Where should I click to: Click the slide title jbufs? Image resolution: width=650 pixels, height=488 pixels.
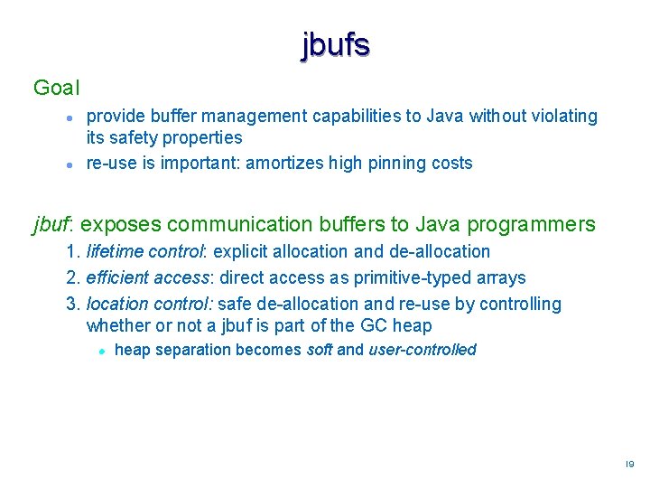click(335, 44)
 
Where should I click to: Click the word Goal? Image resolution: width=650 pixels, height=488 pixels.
click(56, 88)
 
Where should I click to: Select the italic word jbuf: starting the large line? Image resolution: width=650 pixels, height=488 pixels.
click(53, 224)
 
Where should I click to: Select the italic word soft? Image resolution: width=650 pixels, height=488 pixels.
click(320, 350)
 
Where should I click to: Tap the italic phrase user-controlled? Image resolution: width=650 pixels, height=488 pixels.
click(422, 350)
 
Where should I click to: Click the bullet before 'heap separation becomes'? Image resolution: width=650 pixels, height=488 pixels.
click(104, 351)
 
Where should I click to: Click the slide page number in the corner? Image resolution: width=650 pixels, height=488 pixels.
click(629, 464)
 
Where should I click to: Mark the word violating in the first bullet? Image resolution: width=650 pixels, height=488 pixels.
click(563, 116)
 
